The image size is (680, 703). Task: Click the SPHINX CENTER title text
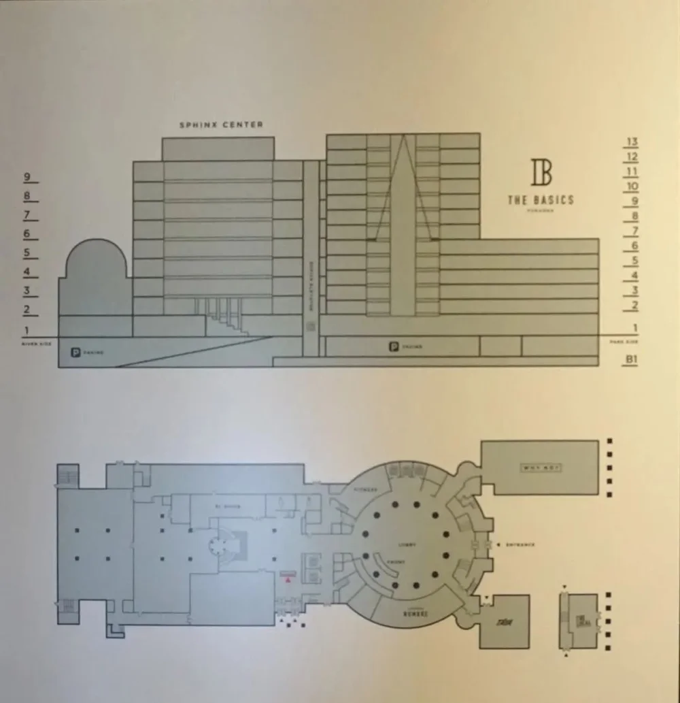click(x=220, y=125)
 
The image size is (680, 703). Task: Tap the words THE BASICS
click(x=541, y=200)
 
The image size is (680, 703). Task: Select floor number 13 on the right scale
click(x=632, y=142)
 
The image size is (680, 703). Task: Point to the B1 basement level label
click(x=632, y=358)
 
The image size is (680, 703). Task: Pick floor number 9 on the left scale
click(x=28, y=177)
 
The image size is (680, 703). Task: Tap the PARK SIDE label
click(x=624, y=341)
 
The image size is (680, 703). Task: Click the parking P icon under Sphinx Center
click(x=75, y=353)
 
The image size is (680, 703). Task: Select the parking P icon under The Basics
click(x=393, y=347)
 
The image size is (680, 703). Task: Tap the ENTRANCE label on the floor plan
click(x=520, y=544)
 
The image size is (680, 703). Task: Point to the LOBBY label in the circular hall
click(x=407, y=544)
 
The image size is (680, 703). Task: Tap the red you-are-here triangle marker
click(x=288, y=581)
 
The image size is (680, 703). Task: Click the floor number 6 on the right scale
click(x=634, y=246)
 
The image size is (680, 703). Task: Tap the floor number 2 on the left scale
click(x=27, y=310)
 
